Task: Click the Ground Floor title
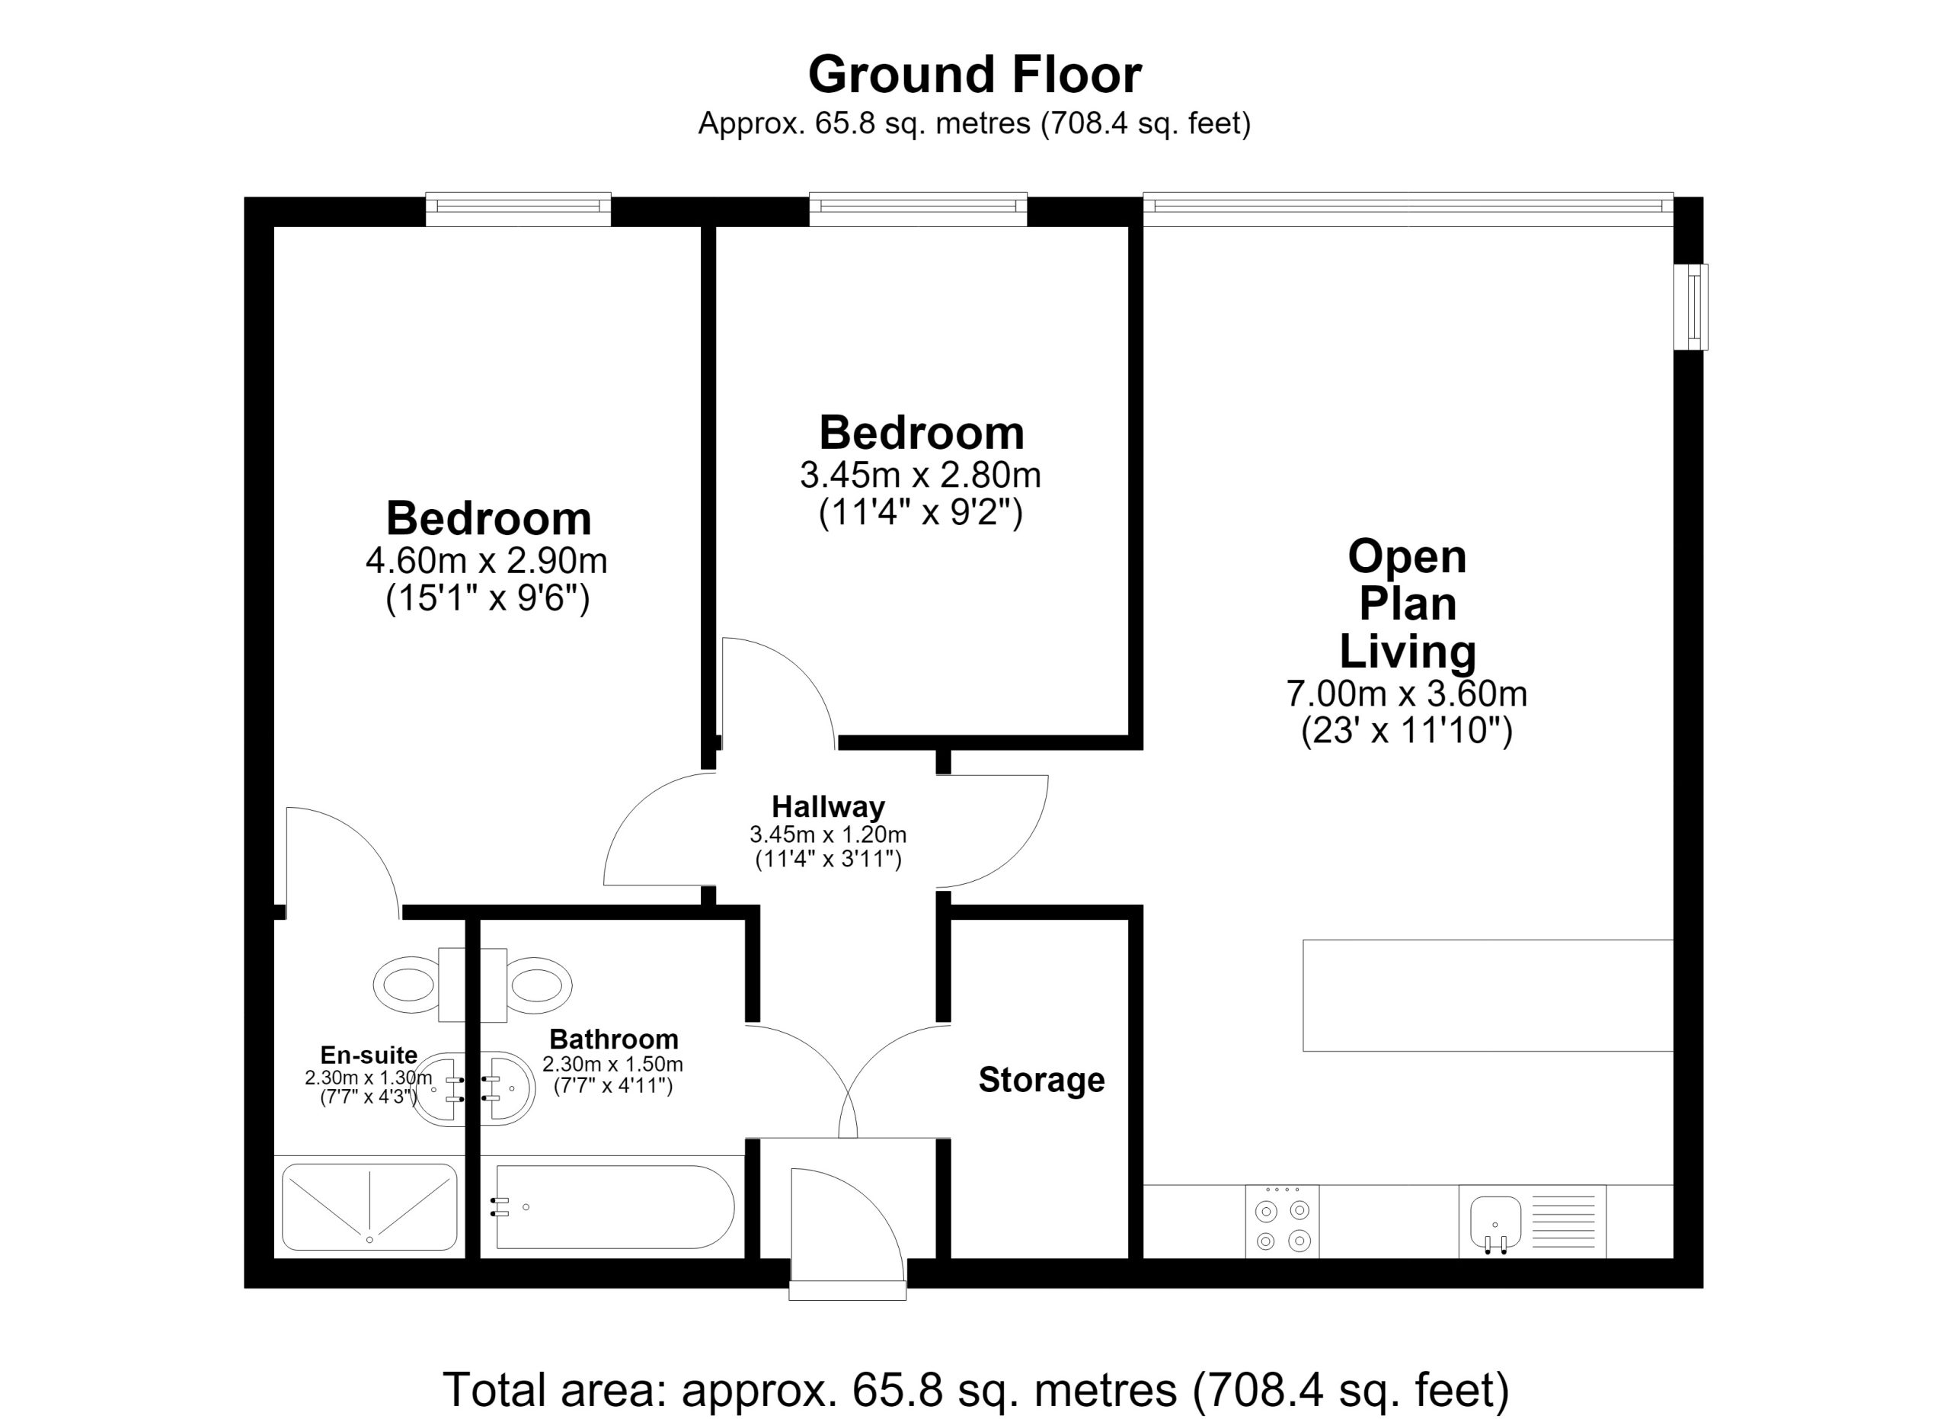pos(974,75)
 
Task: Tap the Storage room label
pos(1041,1079)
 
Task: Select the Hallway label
pos(828,807)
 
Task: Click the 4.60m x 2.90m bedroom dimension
pos(487,561)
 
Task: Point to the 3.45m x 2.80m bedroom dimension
pos(920,475)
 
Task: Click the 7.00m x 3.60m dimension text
pos(1407,693)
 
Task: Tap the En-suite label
pos(369,1055)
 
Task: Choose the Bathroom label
pos(614,1039)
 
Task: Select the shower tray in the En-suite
pos(369,1206)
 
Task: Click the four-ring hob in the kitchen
pos(1282,1221)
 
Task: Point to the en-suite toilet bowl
pos(406,984)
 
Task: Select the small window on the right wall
pos(1690,306)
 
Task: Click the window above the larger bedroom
pos(519,209)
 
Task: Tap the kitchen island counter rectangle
pos(1488,995)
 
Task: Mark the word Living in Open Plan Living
pos(1408,651)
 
